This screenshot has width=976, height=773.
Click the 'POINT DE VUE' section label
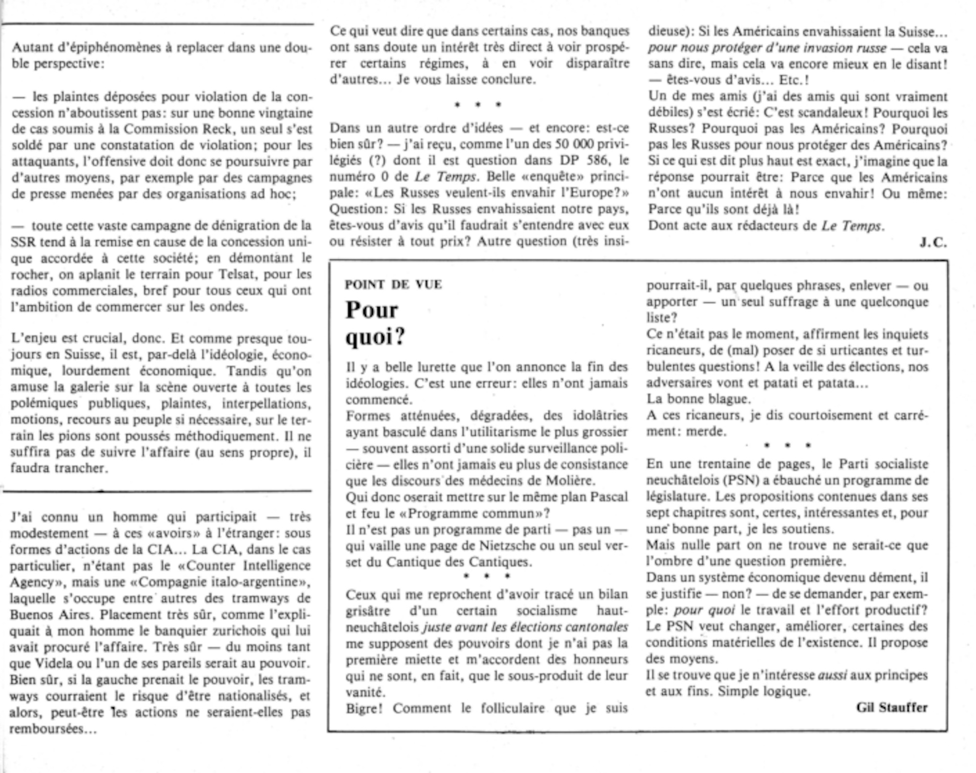[x=393, y=285]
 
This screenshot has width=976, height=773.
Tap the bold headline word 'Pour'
[x=372, y=310]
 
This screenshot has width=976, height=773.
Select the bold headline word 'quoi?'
[x=375, y=336]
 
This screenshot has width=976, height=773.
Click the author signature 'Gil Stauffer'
[x=892, y=708]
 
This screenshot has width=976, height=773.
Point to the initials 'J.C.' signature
[x=934, y=243]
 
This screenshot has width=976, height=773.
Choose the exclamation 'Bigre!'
[x=364, y=708]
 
